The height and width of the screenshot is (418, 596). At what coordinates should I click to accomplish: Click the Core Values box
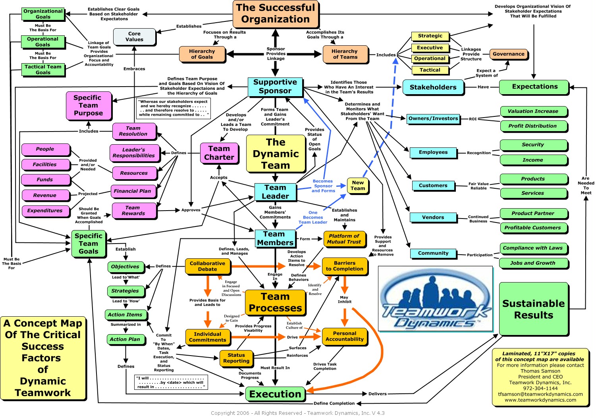tap(134, 37)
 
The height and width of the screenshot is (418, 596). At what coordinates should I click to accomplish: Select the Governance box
tap(508, 54)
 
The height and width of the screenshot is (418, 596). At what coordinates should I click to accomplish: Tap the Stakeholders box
tap(433, 87)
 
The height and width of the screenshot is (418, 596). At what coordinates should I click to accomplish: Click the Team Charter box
tap(219, 153)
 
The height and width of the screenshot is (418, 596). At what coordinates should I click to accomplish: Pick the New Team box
tap(358, 186)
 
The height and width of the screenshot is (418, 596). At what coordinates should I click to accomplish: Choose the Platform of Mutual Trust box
tap(344, 239)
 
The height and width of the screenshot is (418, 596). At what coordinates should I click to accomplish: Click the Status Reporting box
tap(236, 358)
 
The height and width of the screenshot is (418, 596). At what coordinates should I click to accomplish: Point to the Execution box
tap(275, 394)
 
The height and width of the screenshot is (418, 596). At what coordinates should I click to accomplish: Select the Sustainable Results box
tap(533, 309)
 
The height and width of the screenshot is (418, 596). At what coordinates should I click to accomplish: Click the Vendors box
tap(433, 217)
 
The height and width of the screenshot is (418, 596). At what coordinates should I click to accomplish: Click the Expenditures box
tap(45, 211)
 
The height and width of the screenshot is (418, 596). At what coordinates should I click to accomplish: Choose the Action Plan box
tap(125, 339)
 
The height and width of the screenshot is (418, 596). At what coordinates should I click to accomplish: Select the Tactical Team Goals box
tap(43, 70)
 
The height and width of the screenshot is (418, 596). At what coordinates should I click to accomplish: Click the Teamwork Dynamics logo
tap(435, 299)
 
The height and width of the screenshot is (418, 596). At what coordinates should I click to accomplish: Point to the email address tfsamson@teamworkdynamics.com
tap(540, 394)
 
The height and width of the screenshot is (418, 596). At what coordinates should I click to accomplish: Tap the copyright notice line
tap(297, 413)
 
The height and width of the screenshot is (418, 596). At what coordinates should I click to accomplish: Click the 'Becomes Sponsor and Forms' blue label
tap(323, 186)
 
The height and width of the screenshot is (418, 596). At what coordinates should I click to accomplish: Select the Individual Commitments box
tap(207, 337)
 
